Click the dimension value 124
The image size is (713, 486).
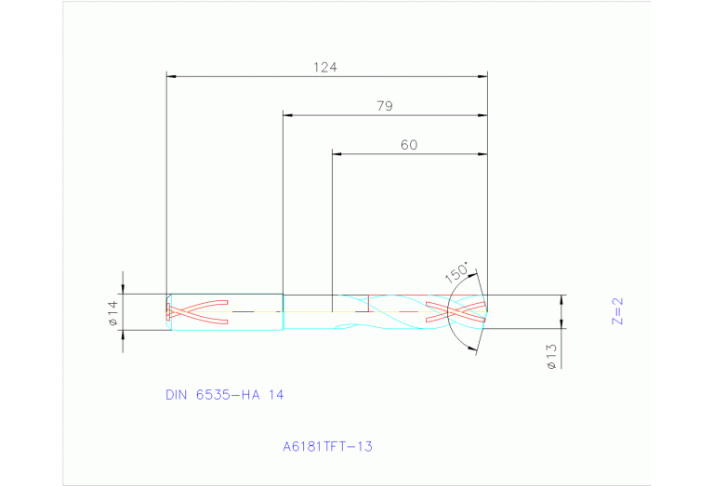(324, 67)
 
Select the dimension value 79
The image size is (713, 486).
(384, 106)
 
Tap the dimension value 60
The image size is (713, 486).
(409, 145)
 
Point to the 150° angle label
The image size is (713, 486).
(456, 273)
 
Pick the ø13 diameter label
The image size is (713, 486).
(551, 357)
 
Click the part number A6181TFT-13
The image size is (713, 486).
(327, 447)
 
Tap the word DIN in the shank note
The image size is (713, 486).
(177, 395)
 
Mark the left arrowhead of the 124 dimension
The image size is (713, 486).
(171, 77)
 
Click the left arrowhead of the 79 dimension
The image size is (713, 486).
(288, 115)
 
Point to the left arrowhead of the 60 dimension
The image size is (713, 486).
(337, 153)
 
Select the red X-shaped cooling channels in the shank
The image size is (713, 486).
(197, 311)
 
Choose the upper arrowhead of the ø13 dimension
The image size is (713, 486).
(561, 300)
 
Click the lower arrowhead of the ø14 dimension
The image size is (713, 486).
(123, 325)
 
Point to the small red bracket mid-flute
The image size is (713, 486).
(368, 303)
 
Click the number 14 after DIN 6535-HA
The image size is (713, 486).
(275, 395)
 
